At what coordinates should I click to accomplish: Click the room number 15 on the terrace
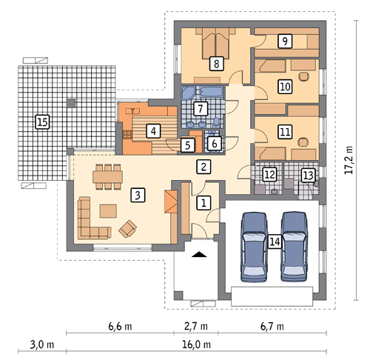click(42, 121)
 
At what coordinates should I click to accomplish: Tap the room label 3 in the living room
click(138, 195)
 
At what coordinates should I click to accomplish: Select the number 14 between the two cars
click(275, 241)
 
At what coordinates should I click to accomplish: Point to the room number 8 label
click(216, 64)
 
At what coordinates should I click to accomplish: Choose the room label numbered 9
click(285, 41)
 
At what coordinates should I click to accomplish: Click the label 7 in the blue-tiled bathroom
click(200, 108)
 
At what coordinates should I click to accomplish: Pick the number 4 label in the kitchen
click(153, 131)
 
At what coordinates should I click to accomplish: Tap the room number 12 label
click(269, 175)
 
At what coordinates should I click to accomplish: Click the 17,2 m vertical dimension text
click(349, 160)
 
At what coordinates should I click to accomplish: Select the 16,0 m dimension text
click(197, 344)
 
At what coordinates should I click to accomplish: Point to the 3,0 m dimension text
click(42, 344)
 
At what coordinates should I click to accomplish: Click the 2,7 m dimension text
click(196, 327)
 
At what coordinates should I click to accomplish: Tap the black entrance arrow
click(199, 255)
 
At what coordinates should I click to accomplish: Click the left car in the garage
click(254, 247)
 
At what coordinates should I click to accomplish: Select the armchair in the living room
click(128, 229)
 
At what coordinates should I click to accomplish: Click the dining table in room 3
click(108, 177)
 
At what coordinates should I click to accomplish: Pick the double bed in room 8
click(216, 44)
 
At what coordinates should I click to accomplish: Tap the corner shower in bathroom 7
click(189, 93)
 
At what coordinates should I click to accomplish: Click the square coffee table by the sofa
click(108, 211)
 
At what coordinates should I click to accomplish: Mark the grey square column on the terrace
click(71, 103)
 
